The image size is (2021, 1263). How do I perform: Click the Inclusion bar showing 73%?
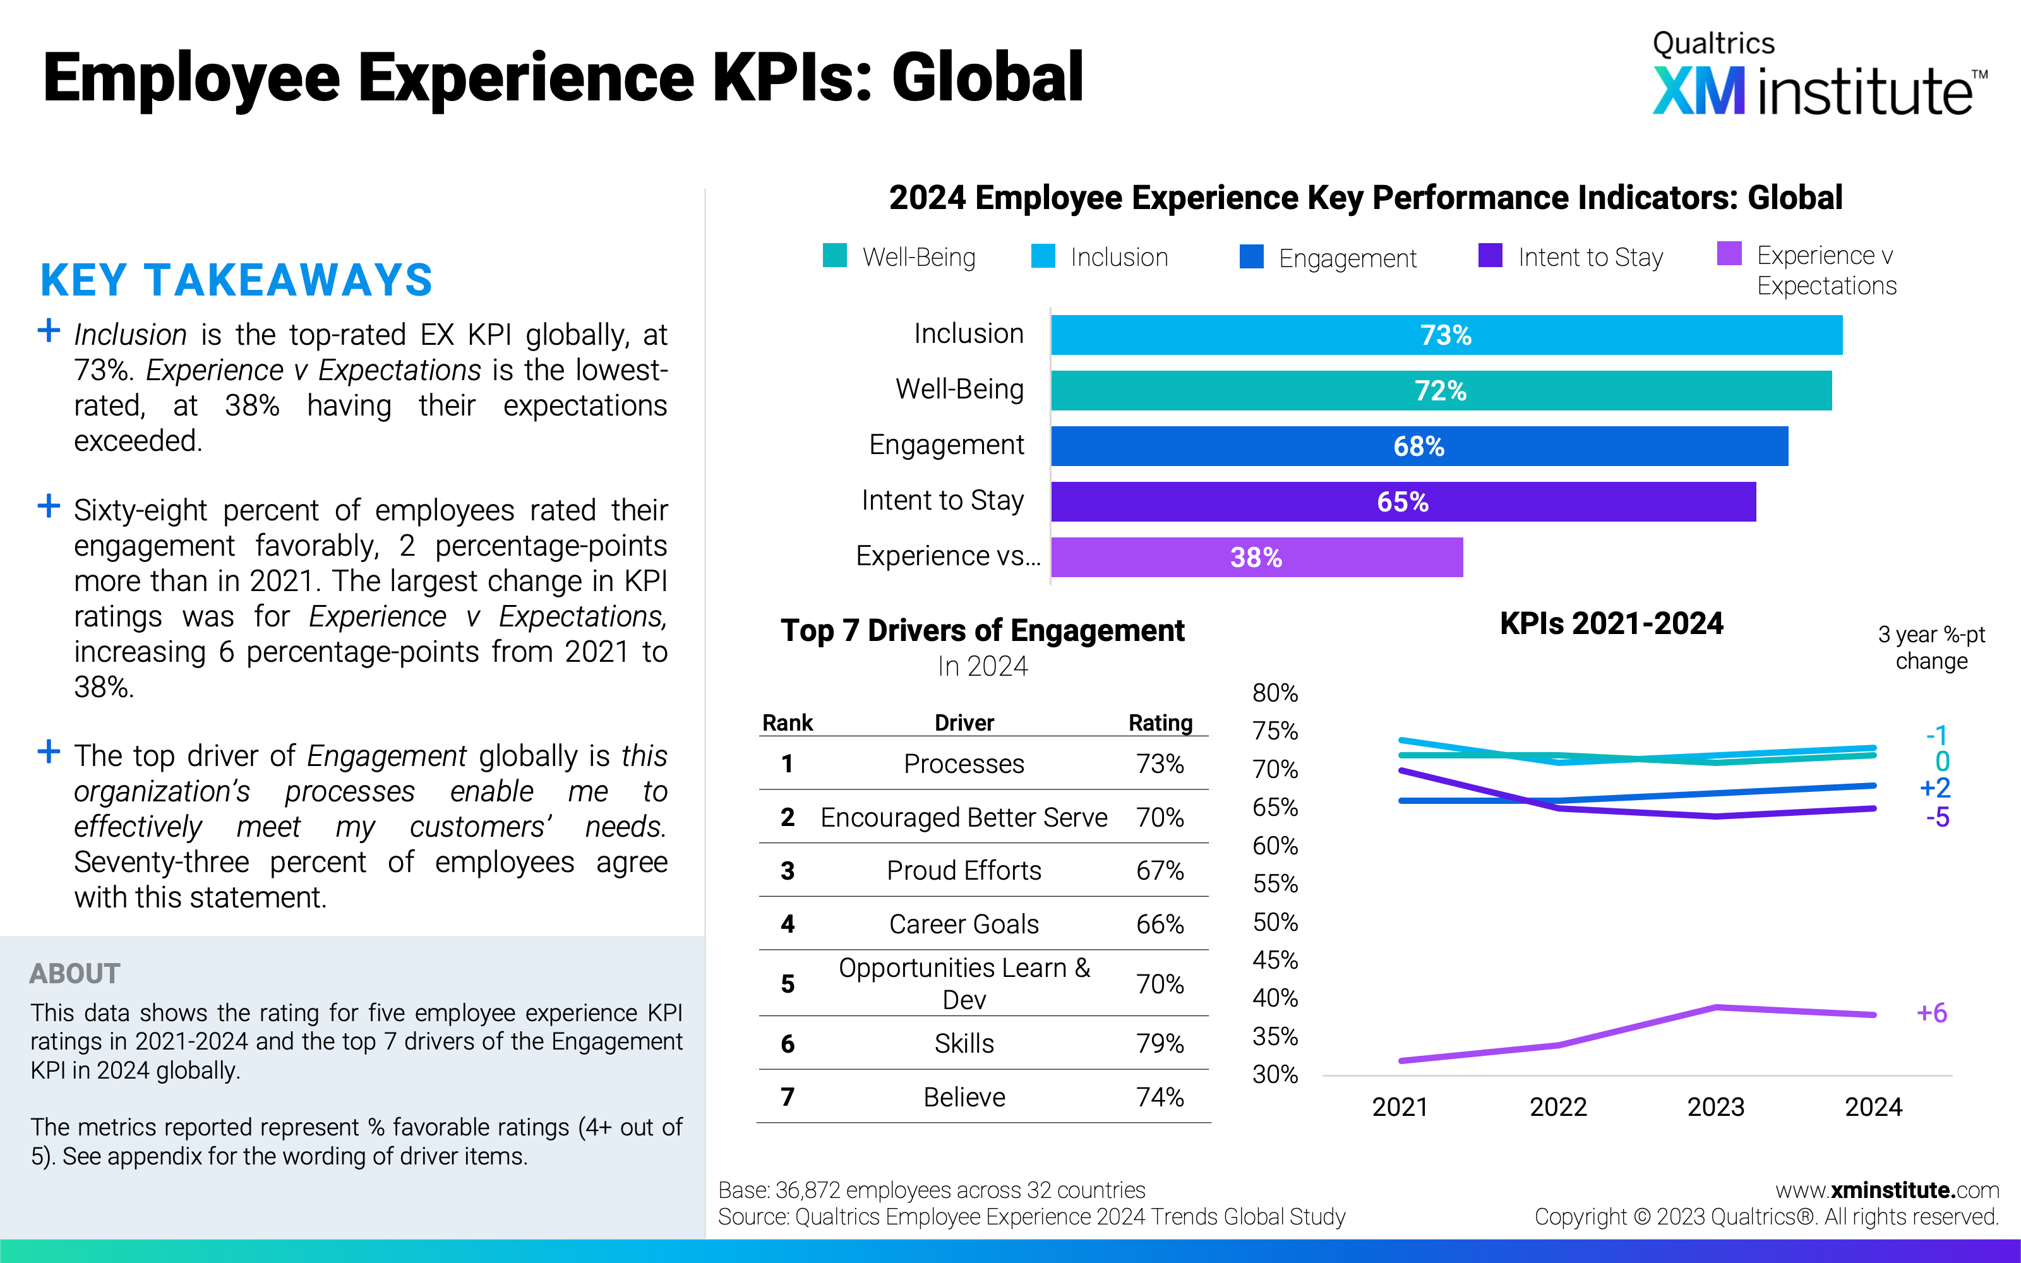point(1446,335)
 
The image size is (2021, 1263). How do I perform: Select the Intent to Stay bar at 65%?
point(1403,501)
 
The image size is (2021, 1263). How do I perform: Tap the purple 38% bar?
point(1256,557)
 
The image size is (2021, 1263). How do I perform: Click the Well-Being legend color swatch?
point(834,256)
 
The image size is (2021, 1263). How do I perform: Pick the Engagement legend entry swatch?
point(1251,256)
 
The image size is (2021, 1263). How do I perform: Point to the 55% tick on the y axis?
point(1275,883)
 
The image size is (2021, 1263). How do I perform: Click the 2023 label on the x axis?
point(1715,1107)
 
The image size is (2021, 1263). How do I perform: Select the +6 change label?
point(1932,1012)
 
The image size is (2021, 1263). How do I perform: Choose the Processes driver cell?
point(964,763)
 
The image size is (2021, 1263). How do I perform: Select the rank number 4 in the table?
point(788,924)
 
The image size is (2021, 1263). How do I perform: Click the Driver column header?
point(964,722)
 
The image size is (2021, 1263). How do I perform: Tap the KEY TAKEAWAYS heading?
point(236,280)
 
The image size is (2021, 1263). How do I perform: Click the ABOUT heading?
point(75,973)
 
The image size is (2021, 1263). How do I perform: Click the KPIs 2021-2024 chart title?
point(1611,623)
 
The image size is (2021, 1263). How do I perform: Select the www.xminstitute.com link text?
point(1886,1190)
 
